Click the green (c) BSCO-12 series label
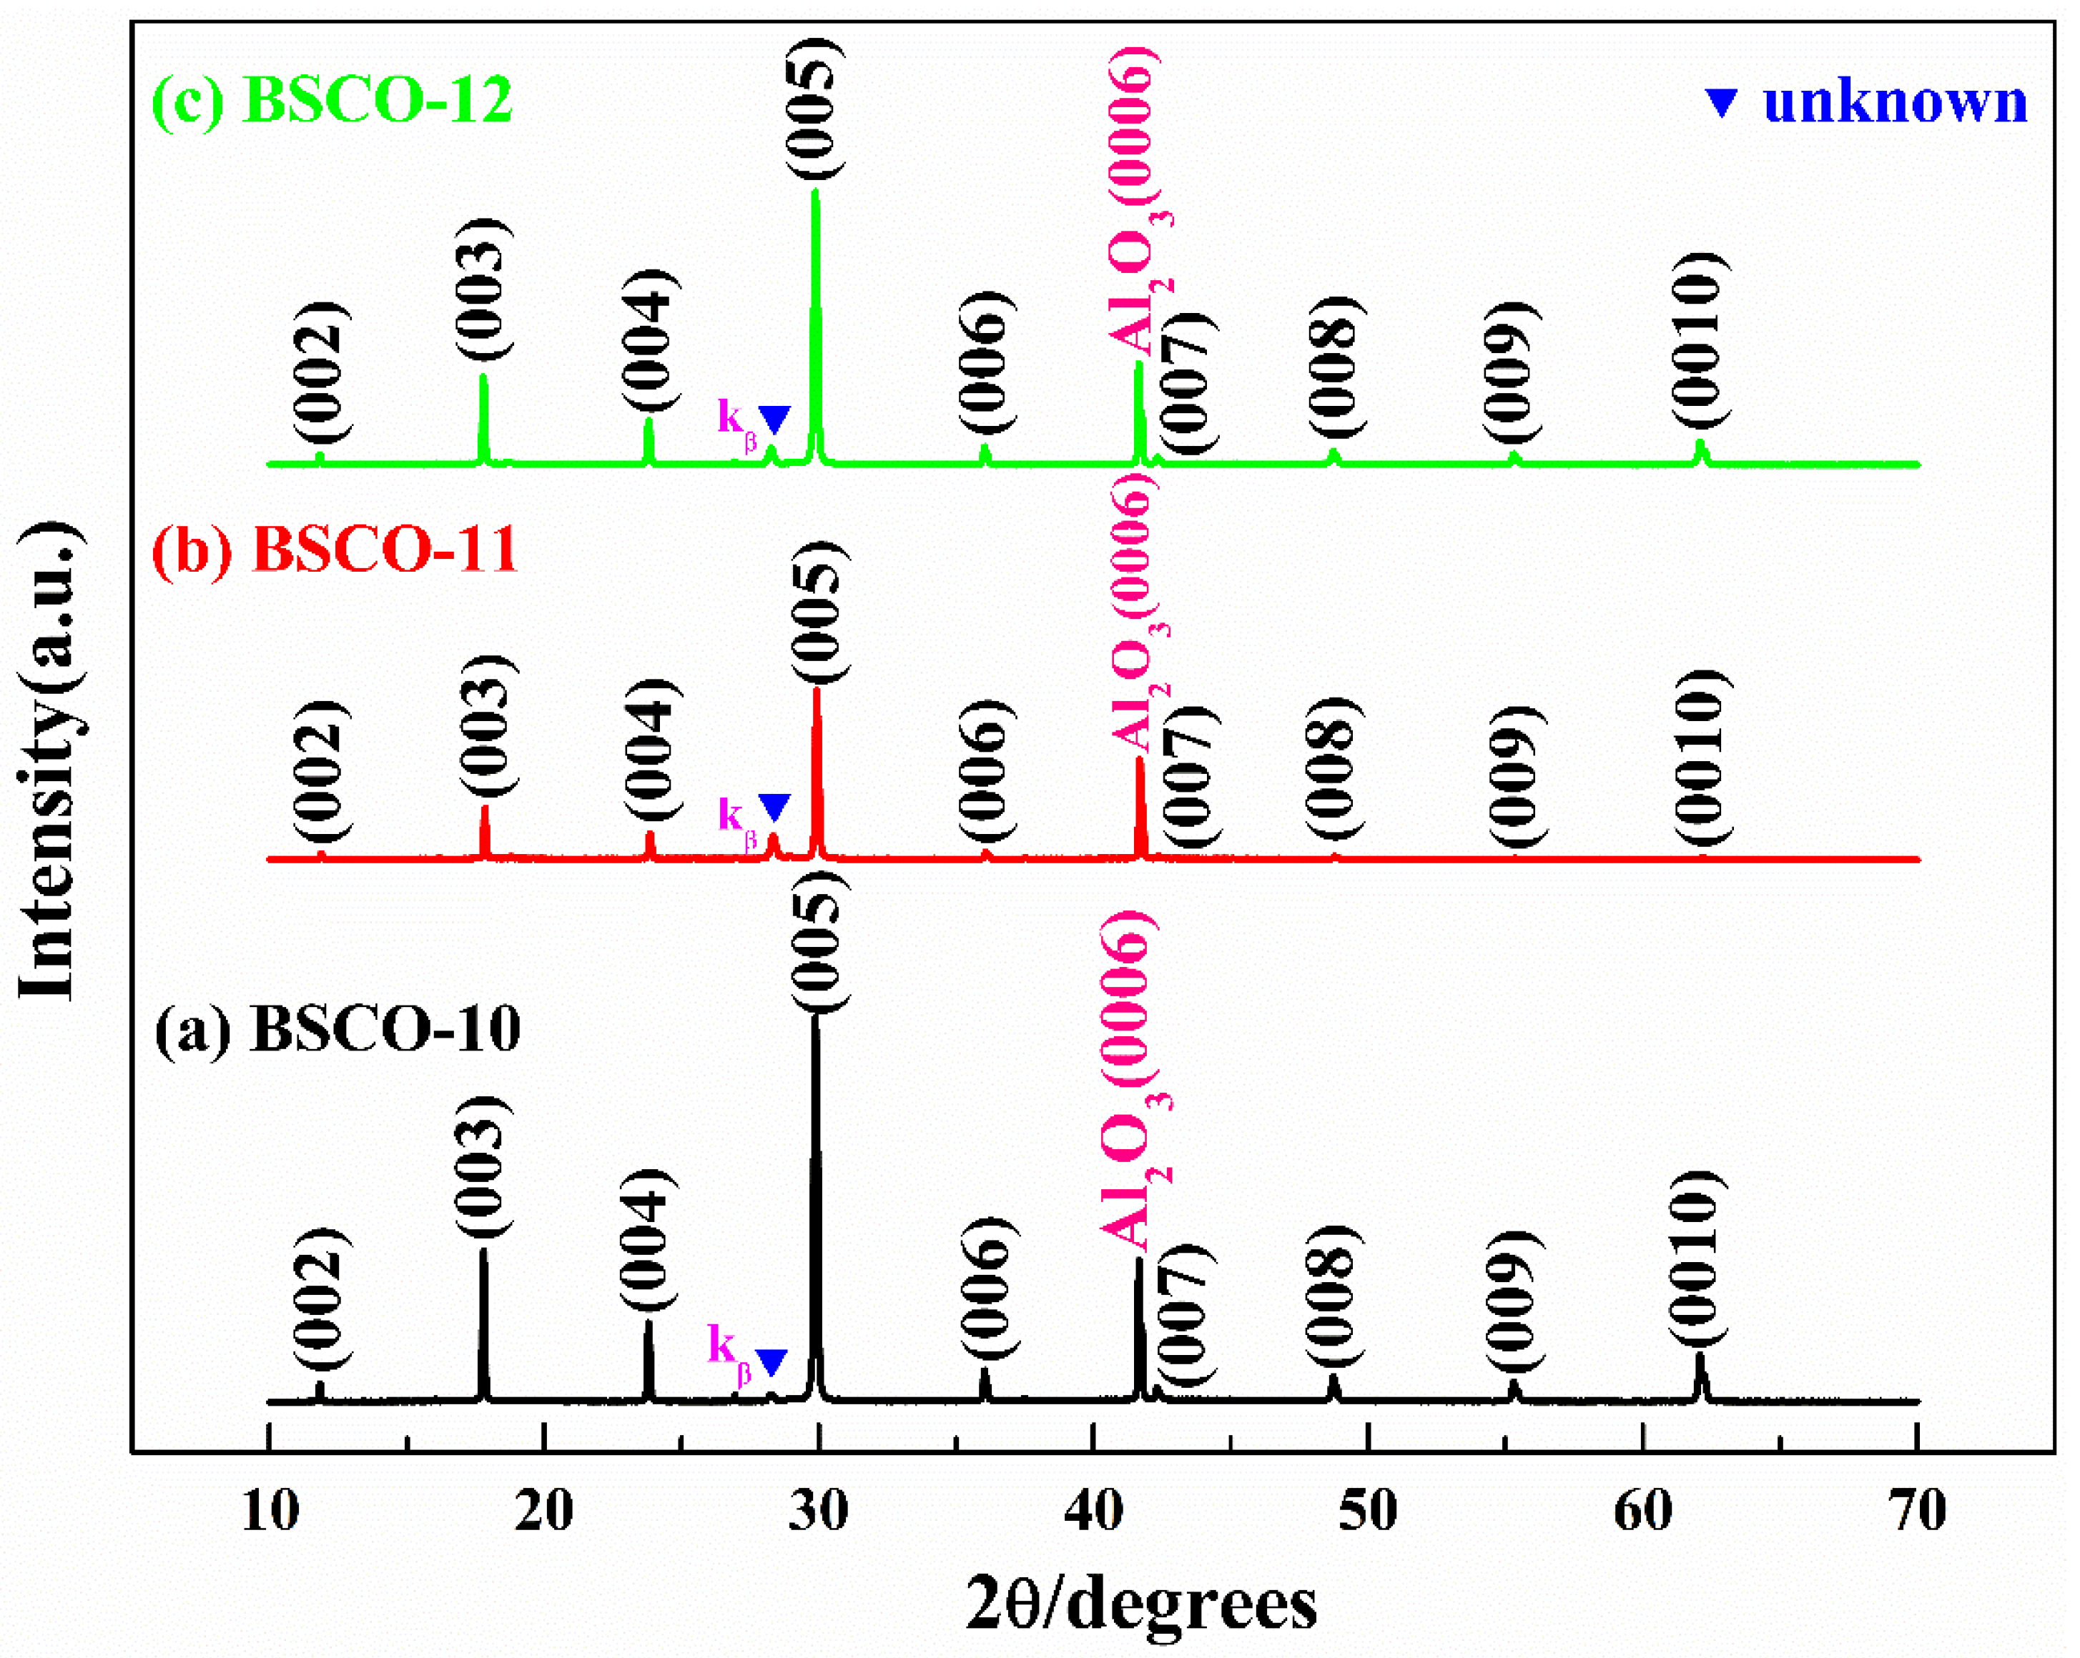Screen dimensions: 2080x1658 pyautogui.click(x=332, y=99)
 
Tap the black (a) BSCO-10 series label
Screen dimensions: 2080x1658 pyautogui.click(x=337, y=1029)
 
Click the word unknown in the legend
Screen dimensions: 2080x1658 pyautogui.click(x=1895, y=102)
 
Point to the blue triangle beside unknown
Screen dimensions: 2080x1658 pyautogui.click(x=1722, y=102)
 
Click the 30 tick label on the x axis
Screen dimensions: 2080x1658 pyautogui.click(x=818, y=1511)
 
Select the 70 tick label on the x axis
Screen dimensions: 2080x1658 pyautogui.click(x=1917, y=1511)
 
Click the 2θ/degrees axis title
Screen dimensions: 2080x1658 pyautogui.click(x=1140, y=1606)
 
